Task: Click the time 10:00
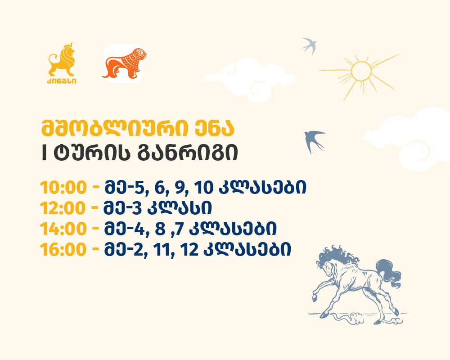tap(63, 188)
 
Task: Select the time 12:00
tap(63, 208)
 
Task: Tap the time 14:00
tap(63, 229)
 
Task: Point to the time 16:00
tap(63, 249)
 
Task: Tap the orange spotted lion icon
tap(125, 63)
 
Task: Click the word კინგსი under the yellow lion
tap(62, 81)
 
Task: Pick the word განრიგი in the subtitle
tap(188, 153)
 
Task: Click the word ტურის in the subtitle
tap(92, 153)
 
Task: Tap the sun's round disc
tap(361, 71)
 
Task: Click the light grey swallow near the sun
tap(310, 45)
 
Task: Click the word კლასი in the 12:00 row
tap(180, 208)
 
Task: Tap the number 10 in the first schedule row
tap(204, 188)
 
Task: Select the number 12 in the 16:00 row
tap(189, 249)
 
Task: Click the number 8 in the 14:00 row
tap(161, 229)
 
